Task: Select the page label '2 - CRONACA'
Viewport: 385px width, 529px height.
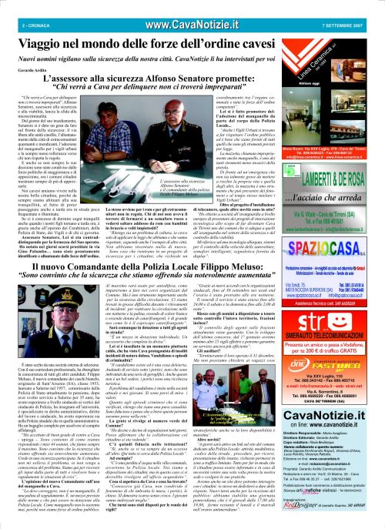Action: pos(23,8)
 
